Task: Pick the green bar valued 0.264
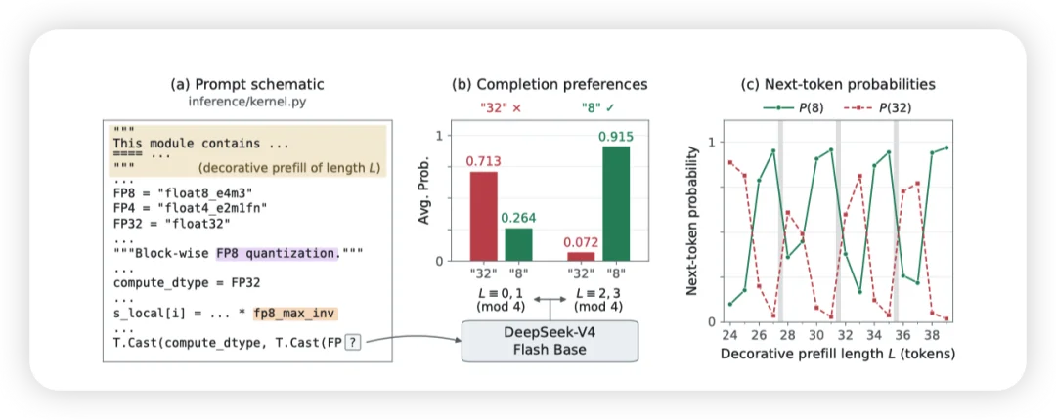[x=518, y=244]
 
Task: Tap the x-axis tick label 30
[x=815, y=335]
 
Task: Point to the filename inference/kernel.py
[x=247, y=103]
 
